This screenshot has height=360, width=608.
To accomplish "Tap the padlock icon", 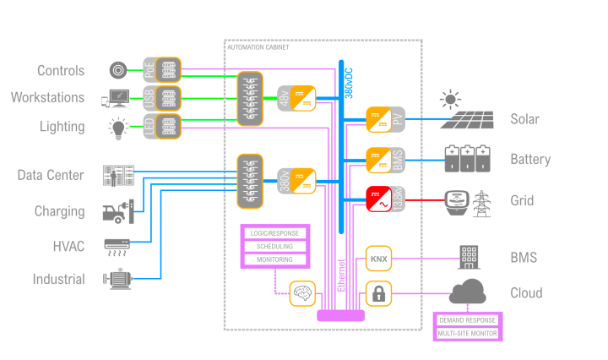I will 377,293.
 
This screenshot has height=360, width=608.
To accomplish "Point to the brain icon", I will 302,293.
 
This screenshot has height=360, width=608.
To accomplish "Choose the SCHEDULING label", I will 275,246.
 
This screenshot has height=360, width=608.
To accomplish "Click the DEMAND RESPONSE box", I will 468,321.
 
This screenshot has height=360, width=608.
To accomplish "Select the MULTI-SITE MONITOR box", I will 468,335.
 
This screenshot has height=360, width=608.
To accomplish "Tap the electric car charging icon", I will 118,211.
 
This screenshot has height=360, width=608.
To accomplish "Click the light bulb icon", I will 119,128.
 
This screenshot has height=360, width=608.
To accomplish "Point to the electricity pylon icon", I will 481,203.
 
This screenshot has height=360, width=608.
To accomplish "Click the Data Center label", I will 51,176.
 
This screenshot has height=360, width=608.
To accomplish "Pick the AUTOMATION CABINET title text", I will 258,48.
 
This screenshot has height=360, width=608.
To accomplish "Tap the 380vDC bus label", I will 350,82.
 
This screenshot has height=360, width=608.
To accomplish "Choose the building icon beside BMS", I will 470,256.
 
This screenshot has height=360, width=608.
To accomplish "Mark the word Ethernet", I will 341,275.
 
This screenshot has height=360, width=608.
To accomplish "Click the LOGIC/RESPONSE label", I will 275,232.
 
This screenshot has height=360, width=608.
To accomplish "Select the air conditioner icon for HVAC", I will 117,246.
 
